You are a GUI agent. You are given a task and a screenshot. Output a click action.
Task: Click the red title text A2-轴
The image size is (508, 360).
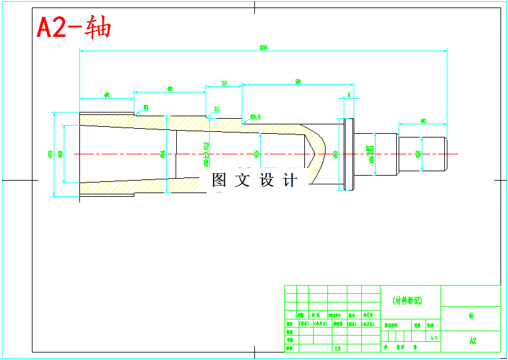coord(74,28)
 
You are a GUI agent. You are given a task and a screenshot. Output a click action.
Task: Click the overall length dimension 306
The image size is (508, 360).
coord(263,47)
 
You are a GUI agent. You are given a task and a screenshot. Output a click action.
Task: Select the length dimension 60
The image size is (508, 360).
coord(170,89)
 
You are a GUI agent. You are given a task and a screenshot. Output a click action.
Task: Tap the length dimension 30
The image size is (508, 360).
coord(224,82)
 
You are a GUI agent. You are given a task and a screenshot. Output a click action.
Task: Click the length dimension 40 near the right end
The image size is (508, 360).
coord(423,120)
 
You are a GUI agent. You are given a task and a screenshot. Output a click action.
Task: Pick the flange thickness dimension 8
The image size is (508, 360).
coord(349,95)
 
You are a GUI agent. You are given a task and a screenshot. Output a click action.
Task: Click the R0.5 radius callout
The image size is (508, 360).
coord(255,116)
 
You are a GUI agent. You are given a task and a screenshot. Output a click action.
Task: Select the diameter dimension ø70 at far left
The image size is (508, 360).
coord(49,154)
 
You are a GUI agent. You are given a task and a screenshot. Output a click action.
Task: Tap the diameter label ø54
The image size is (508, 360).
coord(163,153)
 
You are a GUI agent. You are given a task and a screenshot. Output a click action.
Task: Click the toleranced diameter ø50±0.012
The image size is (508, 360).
coord(206,154)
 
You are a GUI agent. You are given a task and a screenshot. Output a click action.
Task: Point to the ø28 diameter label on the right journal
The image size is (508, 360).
coord(418,153)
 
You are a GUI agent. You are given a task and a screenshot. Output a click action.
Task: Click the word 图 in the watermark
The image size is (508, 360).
coord(219,181)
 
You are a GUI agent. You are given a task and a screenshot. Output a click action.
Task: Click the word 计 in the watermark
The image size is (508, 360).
coord(290,181)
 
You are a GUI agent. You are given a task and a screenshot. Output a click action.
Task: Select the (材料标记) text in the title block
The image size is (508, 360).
coord(407,301)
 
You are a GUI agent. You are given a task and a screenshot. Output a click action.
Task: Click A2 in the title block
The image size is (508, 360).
coord(472,341)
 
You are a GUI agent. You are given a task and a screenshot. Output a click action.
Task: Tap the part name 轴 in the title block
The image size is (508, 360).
coord(471,316)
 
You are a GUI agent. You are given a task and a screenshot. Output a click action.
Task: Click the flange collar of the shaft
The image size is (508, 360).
coord(348,154)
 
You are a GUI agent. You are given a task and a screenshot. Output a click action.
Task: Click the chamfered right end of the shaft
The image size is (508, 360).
coord(445,154)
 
